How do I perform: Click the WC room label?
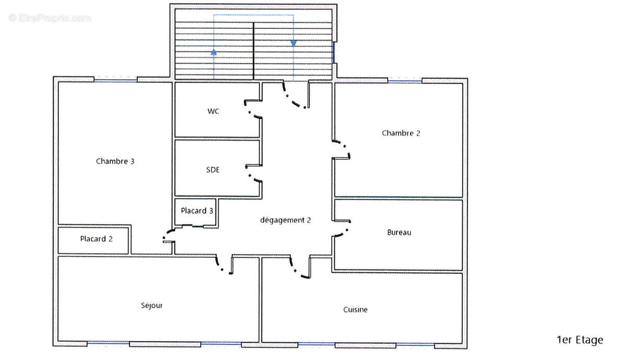tap(213, 111)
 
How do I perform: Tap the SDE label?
tap(213, 170)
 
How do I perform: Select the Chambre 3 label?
tap(115, 161)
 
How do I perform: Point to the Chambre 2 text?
tap(401, 133)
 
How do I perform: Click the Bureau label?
tap(399, 233)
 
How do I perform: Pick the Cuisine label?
tap(355, 310)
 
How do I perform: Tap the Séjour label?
tap(152, 306)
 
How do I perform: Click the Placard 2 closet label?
tap(96, 239)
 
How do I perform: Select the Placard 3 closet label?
tap(197, 210)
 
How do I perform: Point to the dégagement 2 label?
tap(285, 220)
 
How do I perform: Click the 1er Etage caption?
tap(580, 340)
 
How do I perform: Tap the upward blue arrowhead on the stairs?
tap(214, 52)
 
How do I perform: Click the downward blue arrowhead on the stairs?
tap(293, 43)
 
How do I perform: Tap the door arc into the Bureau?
tap(344, 232)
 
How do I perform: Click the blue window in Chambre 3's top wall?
tap(115, 80)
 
